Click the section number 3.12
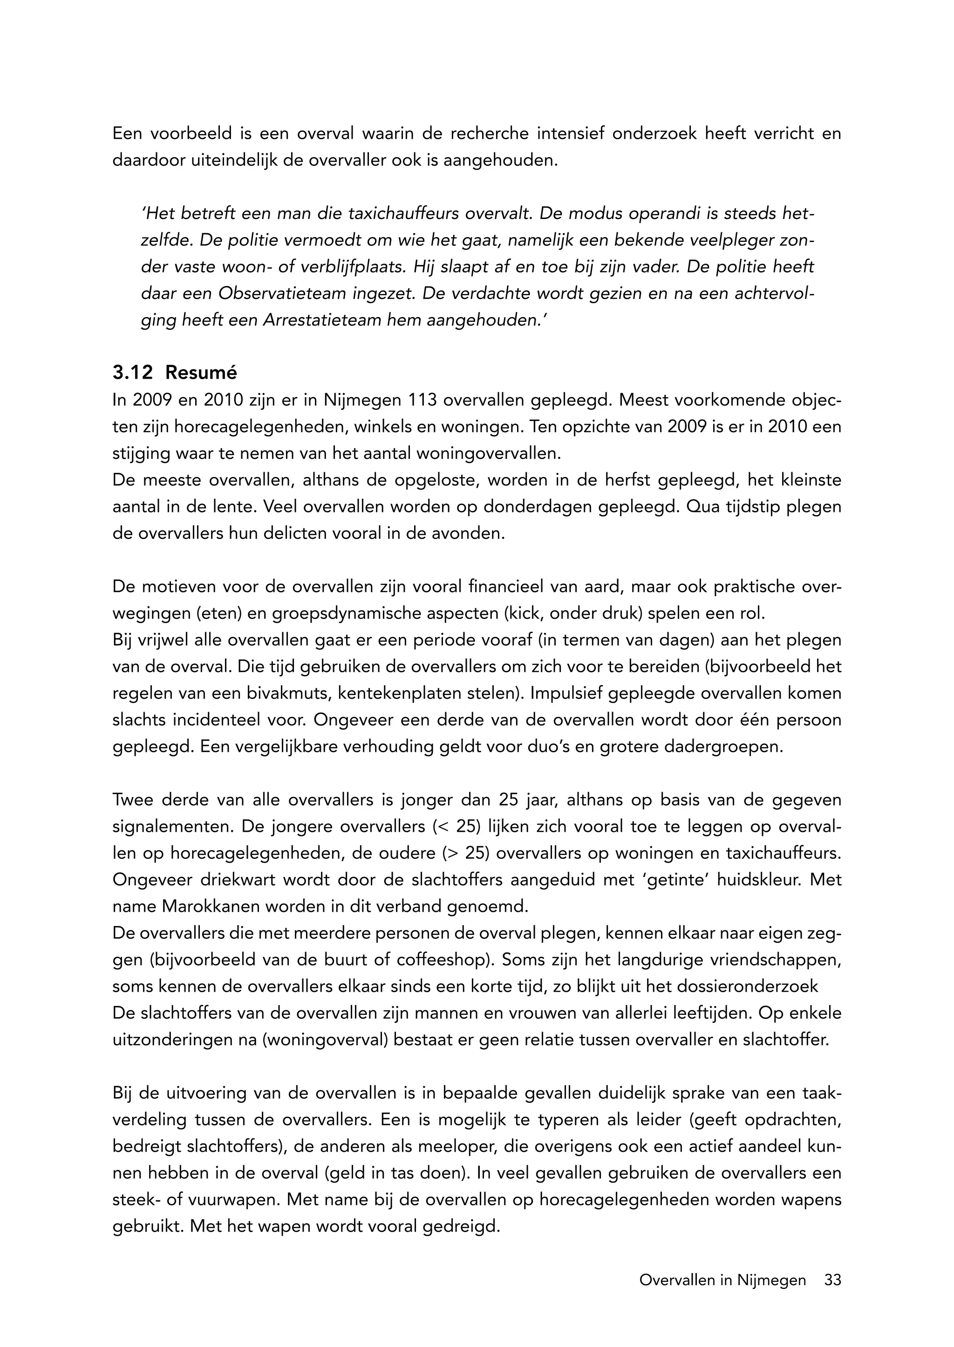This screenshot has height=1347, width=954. pos(132,373)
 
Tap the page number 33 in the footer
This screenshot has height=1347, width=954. pos(832,1280)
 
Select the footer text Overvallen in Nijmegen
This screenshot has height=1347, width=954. pos(722,1280)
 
